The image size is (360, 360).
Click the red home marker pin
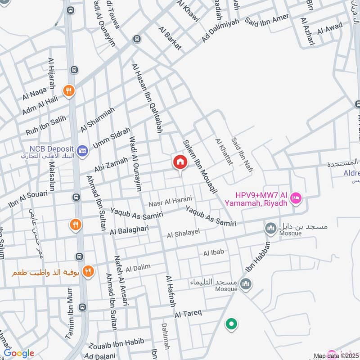tap(180, 162)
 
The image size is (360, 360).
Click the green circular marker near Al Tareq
tap(231, 324)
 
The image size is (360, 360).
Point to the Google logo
tap(19, 353)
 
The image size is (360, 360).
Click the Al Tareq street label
tap(189, 313)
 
